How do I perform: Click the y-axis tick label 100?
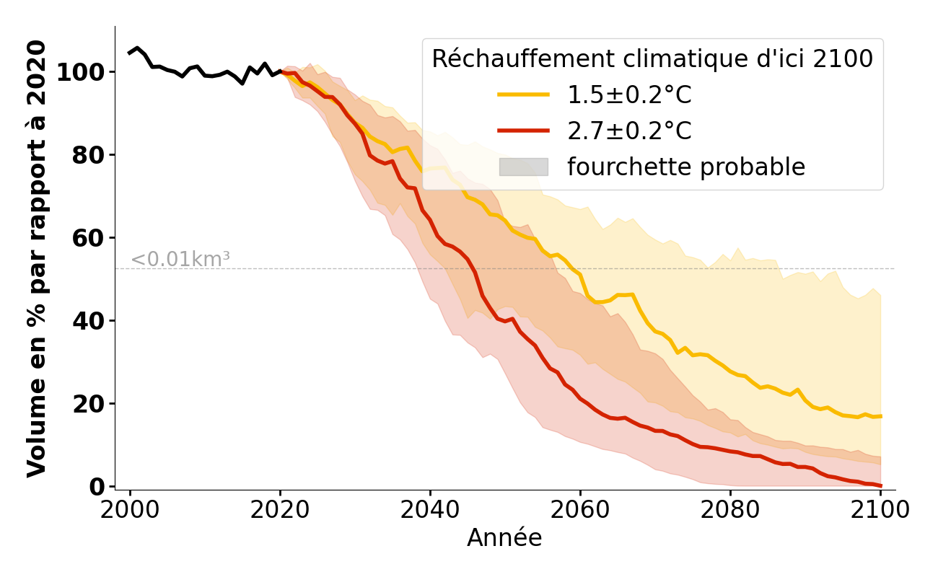(81, 72)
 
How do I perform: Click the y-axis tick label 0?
(97, 487)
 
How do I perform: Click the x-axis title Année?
(504, 538)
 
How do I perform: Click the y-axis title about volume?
(37, 258)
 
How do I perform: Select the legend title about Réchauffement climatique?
(652, 59)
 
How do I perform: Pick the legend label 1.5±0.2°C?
(629, 95)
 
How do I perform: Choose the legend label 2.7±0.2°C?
(629, 131)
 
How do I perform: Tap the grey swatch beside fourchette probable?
(524, 167)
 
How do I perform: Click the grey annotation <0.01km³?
(180, 260)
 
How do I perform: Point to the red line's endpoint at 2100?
(880, 486)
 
